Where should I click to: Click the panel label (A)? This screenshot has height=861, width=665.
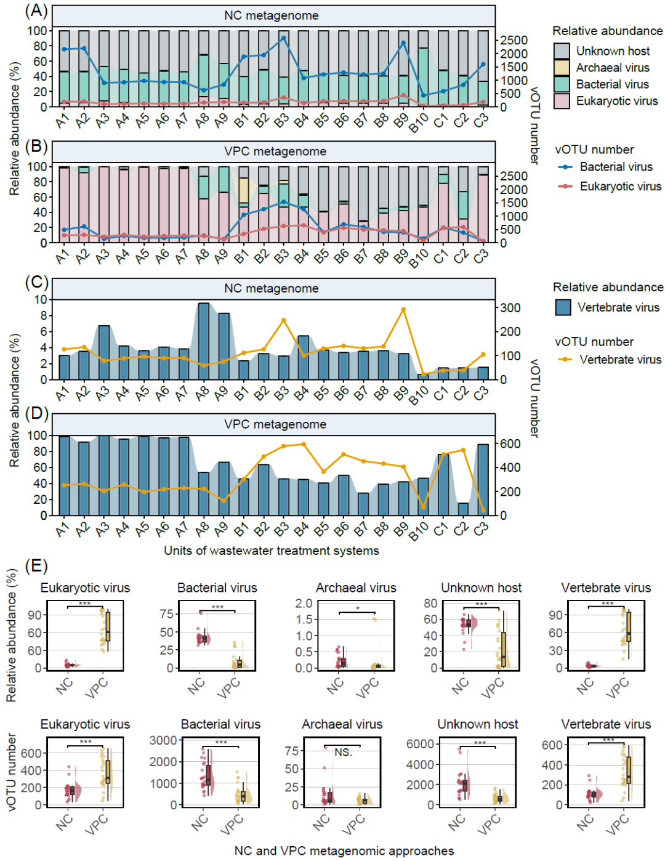coord(36,10)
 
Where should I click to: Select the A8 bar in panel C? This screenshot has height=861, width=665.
coord(203,341)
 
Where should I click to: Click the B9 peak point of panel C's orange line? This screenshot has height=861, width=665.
coord(403,310)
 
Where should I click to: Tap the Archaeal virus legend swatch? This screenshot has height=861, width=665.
coord(562,68)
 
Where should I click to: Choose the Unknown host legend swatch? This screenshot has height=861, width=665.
coord(562,51)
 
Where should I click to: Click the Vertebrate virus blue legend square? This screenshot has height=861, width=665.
coord(563,307)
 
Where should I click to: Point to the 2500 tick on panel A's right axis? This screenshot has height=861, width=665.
coord(514,41)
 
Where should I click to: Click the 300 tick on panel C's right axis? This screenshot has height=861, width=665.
coord(510,308)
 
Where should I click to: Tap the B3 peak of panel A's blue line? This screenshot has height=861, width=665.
coord(283,38)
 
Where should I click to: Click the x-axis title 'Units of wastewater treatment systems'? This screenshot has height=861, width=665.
coord(271,551)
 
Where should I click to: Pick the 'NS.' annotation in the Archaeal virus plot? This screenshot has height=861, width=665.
coord(344,753)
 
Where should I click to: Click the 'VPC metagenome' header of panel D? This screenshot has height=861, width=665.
coord(275,424)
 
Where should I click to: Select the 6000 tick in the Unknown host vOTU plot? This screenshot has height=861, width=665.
coord(420,744)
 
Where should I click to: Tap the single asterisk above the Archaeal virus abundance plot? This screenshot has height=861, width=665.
coord(358,609)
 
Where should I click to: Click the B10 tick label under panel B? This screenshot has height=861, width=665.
coord(419,258)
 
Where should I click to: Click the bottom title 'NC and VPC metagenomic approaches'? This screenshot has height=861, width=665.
coord(344,851)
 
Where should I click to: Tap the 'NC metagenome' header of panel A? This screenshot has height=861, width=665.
coord(271,15)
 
